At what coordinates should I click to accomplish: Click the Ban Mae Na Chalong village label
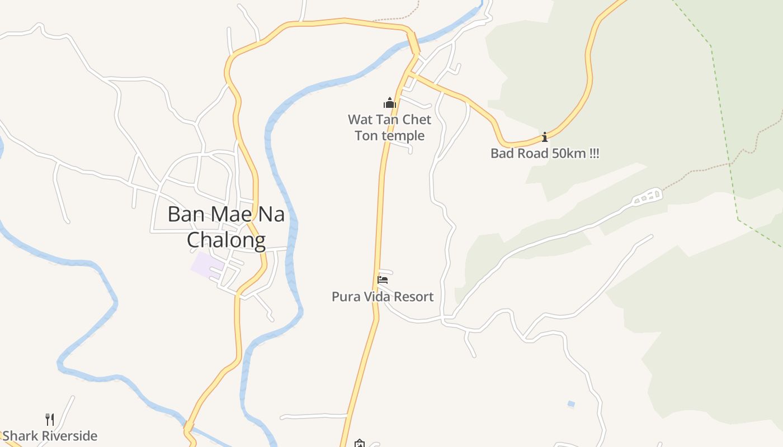(x=226, y=227)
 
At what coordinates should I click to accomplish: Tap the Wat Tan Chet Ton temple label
(x=390, y=127)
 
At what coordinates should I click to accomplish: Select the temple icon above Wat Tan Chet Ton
(x=390, y=103)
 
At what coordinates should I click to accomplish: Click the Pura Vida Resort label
(x=383, y=297)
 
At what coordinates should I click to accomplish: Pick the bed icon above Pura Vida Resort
(x=383, y=279)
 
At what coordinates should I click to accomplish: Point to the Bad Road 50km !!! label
(x=545, y=154)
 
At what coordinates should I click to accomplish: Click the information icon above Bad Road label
(x=545, y=137)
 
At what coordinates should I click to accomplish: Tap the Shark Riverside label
(x=50, y=436)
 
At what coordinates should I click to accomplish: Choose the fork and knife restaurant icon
(x=50, y=419)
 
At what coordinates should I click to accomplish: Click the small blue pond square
(x=571, y=403)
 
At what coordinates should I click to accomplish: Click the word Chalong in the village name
(x=226, y=240)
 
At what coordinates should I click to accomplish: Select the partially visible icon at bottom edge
(x=359, y=444)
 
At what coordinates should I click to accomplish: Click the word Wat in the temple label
(x=360, y=120)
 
